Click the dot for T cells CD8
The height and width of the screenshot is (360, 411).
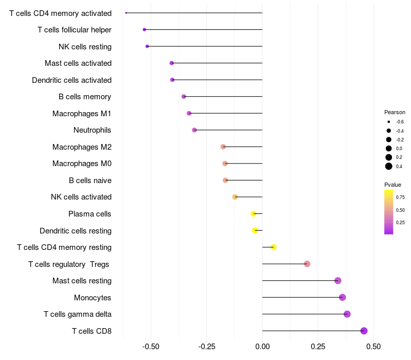pyautogui.click(x=364, y=331)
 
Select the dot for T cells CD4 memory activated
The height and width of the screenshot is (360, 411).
pyautogui.click(x=126, y=13)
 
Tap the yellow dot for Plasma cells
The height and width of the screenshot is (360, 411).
pyautogui.click(x=253, y=213)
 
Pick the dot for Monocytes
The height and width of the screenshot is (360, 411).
pyautogui.click(x=343, y=297)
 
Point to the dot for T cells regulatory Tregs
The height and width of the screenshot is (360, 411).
pyautogui.click(x=307, y=264)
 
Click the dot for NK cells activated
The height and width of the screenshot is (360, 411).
pyautogui.click(x=235, y=197)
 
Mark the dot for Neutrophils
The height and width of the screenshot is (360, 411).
pyautogui.click(x=194, y=130)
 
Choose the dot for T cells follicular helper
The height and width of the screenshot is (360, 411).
pyautogui.click(x=144, y=30)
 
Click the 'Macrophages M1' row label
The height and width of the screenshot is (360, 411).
pyautogui.click(x=82, y=113)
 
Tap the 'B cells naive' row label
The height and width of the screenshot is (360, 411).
pyautogui.click(x=90, y=180)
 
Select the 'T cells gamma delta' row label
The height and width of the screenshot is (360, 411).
pyautogui.click(x=78, y=314)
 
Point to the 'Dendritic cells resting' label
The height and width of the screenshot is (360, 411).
pyautogui.click(x=76, y=230)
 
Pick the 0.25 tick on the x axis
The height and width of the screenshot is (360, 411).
pyautogui.click(x=317, y=346)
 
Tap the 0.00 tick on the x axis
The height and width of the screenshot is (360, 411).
pyautogui.click(x=262, y=346)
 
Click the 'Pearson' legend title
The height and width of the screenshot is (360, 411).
pyautogui.click(x=395, y=112)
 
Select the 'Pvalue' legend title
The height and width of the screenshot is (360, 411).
pyautogui.click(x=393, y=185)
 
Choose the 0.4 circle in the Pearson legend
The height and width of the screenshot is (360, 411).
pyautogui.click(x=389, y=166)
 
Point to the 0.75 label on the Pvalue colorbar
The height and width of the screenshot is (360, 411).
pyautogui.click(x=400, y=197)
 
